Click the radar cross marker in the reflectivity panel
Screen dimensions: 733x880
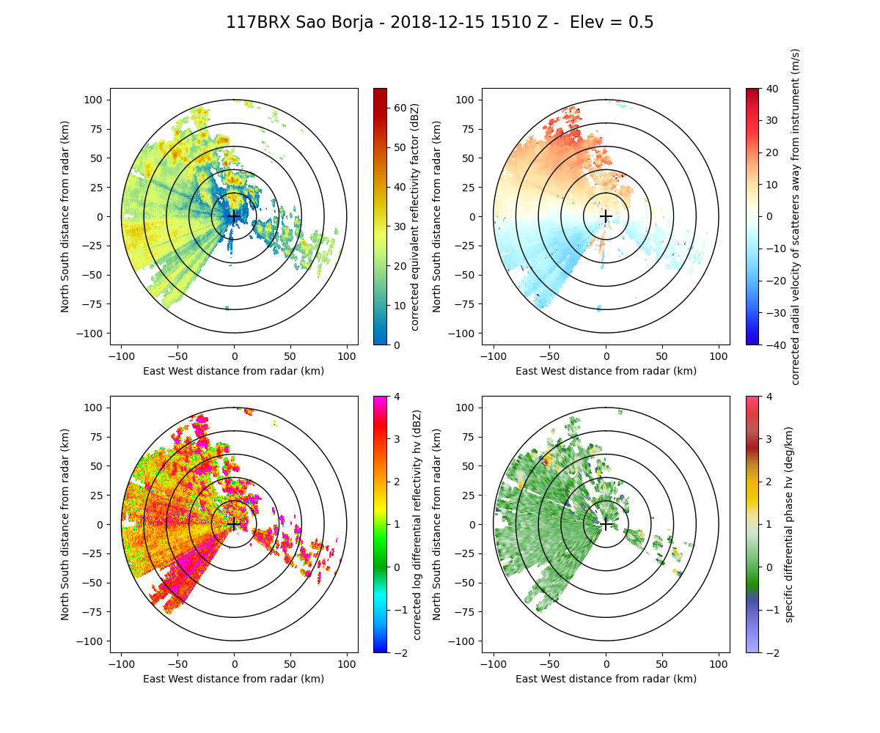tap(234, 216)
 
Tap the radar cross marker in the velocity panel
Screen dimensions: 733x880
tap(606, 216)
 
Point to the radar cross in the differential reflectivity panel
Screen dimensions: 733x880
tap(234, 524)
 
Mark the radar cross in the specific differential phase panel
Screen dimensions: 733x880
tap(606, 524)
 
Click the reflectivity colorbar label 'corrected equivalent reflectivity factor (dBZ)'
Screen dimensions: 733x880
tap(414, 216)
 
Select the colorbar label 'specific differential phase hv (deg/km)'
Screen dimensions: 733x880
tap(790, 524)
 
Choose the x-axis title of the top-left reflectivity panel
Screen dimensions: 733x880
tap(234, 371)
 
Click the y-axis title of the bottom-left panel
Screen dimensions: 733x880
tap(65, 524)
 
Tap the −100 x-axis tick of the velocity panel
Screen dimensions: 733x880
tap(494, 356)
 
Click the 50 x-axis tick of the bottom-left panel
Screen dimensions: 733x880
tap(290, 664)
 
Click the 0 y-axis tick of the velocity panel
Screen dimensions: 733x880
tap(473, 216)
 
